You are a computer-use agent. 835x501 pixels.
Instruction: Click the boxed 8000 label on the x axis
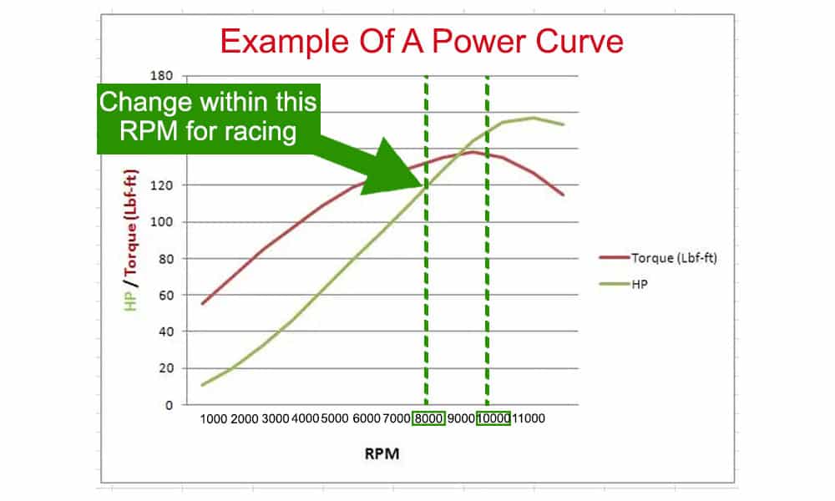pyautogui.click(x=428, y=418)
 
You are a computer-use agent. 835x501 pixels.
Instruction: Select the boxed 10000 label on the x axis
pyautogui.click(x=493, y=418)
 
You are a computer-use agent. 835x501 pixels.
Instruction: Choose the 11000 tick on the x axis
pyautogui.click(x=529, y=418)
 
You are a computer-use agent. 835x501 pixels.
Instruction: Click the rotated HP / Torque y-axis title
pyautogui.click(x=131, y=240)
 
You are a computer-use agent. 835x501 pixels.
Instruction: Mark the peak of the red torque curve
pyautogui.click(x=473, y=151)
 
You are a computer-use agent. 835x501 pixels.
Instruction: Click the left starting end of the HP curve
pyautogui.click(x=202, y=385)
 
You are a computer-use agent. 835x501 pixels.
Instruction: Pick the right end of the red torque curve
pyautogui.click(x=564, y=195)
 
